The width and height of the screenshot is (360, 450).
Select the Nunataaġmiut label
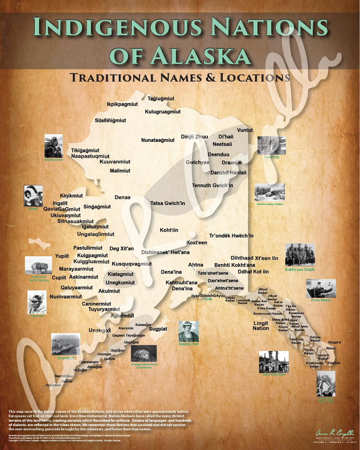157,140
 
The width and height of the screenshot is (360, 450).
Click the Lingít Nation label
261,325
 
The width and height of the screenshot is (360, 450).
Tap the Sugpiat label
158,329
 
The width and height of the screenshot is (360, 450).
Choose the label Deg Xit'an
121,248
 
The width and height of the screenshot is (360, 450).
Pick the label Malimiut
120,171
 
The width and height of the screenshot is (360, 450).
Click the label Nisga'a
334,342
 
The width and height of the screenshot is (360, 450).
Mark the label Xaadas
334,363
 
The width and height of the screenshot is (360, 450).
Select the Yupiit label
62,256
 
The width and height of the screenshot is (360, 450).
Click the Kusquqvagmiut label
131,264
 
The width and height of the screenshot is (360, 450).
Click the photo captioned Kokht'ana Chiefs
300,255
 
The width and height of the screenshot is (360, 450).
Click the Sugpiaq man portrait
188,331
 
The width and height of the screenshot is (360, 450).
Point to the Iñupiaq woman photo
54,146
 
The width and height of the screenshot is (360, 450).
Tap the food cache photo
38,265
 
